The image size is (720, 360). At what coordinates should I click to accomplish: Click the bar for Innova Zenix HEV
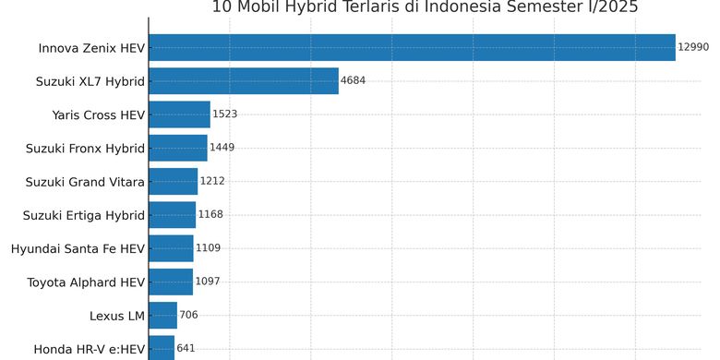[x=412, y=47]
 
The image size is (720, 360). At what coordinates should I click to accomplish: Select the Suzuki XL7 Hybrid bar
[x=244, y=81]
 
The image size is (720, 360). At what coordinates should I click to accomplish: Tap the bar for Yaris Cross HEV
[x=179, y=114]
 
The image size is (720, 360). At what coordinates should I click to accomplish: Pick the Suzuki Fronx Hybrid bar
[x=178, y=148]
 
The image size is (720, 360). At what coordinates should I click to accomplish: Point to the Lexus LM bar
[x=162, y=316]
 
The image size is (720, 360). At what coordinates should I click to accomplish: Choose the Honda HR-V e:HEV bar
[x=162, y=348]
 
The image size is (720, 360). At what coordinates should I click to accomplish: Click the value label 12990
[x=692, y=47]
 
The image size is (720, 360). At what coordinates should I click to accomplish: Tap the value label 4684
[x=353, y=81]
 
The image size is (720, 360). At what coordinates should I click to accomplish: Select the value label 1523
[x=224, y=114]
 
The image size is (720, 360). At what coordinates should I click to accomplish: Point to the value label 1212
[x=212, y=182]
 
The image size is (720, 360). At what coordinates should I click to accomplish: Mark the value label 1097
[x=208, y=282]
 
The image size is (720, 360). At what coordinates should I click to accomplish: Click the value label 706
[x=188, y=316]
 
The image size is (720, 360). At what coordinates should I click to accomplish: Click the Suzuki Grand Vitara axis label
[x=85, y=182]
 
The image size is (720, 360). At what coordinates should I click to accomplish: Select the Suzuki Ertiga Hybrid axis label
[x=84, y=215]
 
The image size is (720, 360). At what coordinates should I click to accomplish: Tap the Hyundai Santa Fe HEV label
[x=78, y=248]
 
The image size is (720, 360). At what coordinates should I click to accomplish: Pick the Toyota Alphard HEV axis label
[x=86, y=282]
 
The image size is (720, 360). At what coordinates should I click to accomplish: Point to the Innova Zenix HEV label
[x=91, y=48]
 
